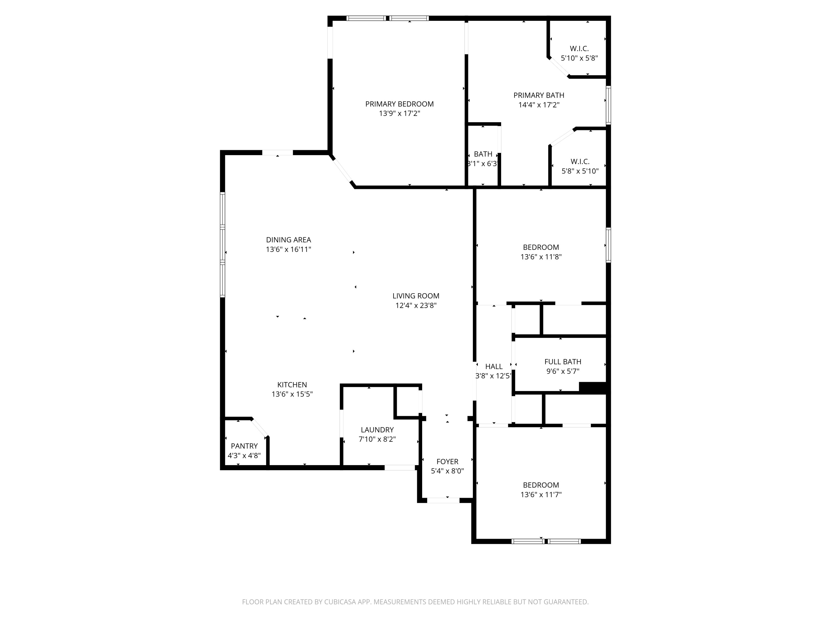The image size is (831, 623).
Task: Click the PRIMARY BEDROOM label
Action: [x=399, y=104]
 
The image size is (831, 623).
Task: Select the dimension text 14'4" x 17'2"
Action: [x=539, y=105]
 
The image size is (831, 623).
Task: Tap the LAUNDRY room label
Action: [x=377, y=430]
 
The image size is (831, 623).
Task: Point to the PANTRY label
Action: [x=244, y=446]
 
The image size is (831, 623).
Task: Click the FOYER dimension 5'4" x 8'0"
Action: [x=447, y=471]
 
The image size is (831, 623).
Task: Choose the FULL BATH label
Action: [x=562, y=362]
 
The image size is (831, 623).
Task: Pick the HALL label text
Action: [x=494, y=367]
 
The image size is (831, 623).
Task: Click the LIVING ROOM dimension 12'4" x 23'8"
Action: [x=416, y=306]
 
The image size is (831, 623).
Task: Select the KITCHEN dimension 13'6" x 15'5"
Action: [x=292, y=394]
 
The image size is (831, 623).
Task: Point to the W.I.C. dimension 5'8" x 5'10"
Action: [x=580, y=171]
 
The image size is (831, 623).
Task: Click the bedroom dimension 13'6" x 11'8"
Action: [x=541, y=257]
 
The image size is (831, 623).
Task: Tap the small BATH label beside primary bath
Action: [x=483, y=154]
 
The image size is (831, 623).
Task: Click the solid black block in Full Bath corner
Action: [x=593, y=388]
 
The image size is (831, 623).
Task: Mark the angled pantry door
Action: [x=259, y=428]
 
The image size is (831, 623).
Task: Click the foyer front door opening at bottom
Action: [x=443, y=500]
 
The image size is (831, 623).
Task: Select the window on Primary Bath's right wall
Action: [x=608, y=105]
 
